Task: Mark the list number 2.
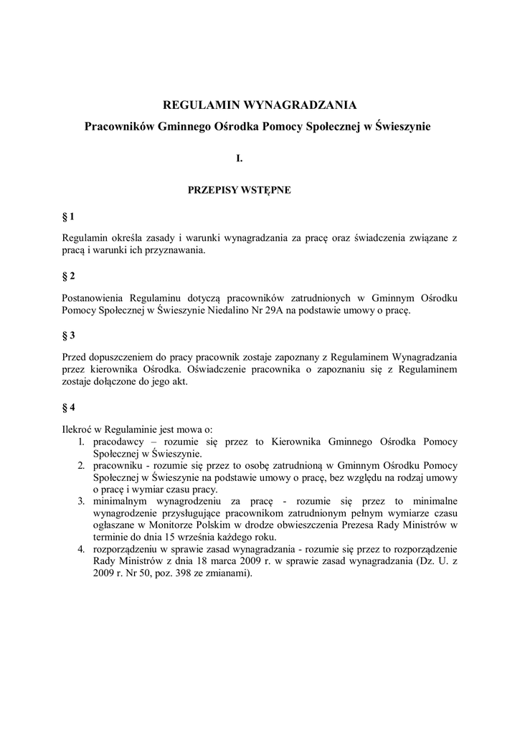click(82, 464)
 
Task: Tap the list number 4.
click(82, 549)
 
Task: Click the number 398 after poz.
click(192, 574)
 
